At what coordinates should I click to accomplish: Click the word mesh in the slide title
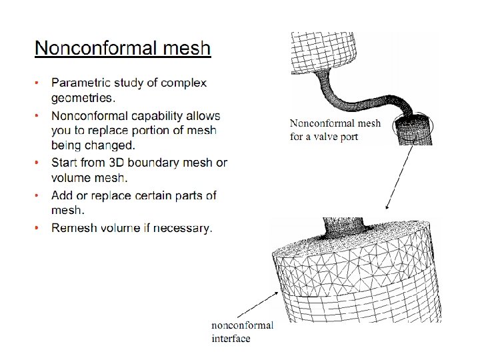pos(188,49)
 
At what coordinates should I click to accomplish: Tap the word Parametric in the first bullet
pos(82,83)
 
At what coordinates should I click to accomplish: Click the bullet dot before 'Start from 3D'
pos(38,163)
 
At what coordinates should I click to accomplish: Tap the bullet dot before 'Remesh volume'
pos(38,229)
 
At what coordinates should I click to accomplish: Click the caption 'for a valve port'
pos(324,137)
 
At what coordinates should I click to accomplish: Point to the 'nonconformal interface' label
pos(242,332)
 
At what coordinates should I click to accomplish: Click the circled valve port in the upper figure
pos(413,126)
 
